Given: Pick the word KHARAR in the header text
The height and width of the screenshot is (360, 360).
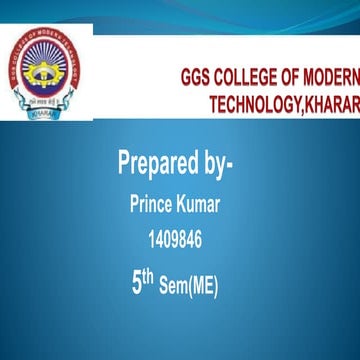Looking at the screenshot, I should [x=332, y=104].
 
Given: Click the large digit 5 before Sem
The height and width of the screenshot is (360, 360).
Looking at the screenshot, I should [x=136, y=283].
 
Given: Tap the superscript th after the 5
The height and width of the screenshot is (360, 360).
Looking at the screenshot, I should [x=149, y=277].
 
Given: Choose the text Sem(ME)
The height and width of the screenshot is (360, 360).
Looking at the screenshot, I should [x=190, y=287].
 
